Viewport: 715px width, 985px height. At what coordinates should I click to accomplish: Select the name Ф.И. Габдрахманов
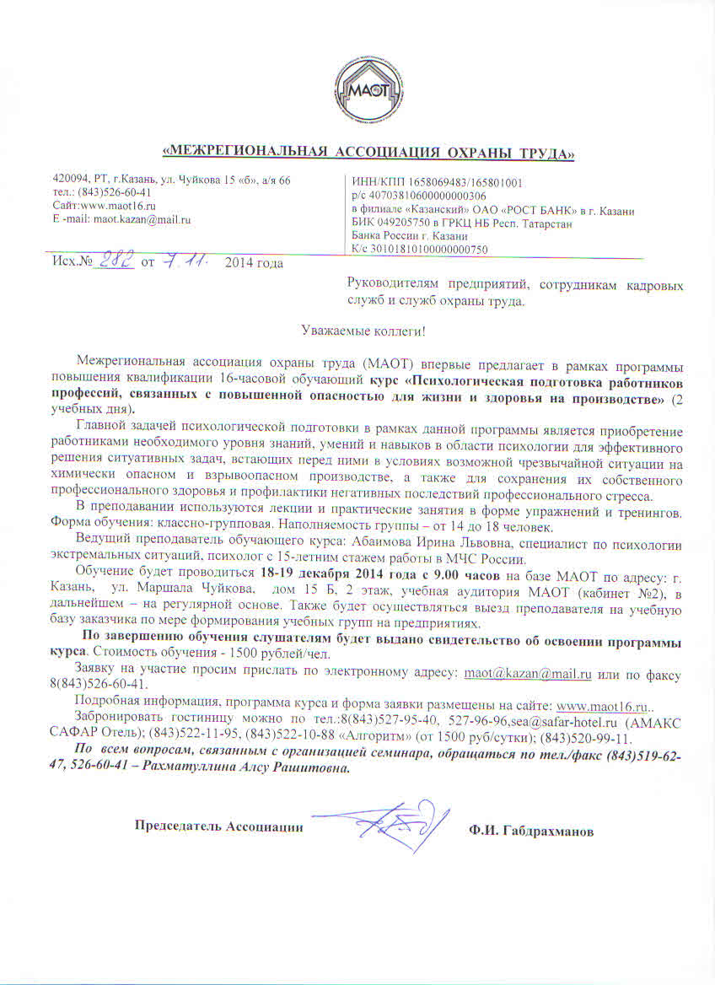pyautogui.click(x=531, y=832)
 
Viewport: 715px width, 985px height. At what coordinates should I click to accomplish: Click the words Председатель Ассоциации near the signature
pyautogui.click(x=219, y=826)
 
